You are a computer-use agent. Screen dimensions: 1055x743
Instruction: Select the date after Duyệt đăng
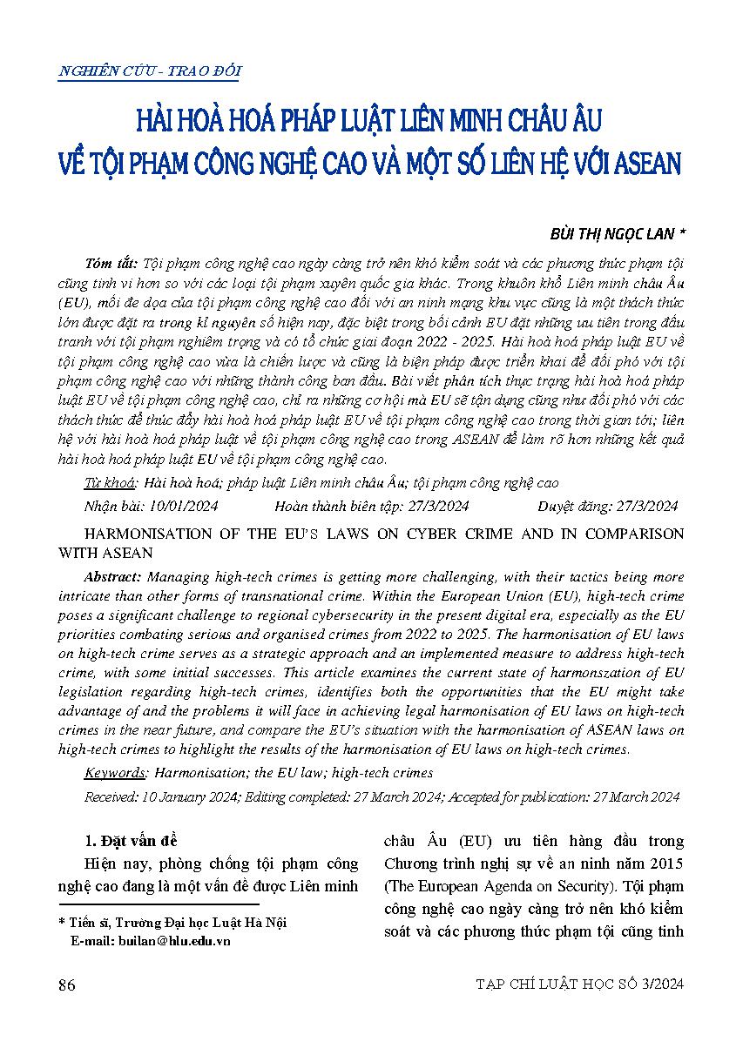639,505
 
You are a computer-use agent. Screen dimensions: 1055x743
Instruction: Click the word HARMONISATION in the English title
138,534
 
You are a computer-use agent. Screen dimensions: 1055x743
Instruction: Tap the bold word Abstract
114,577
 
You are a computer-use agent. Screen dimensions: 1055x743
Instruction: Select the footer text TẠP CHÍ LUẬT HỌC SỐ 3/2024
580,984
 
